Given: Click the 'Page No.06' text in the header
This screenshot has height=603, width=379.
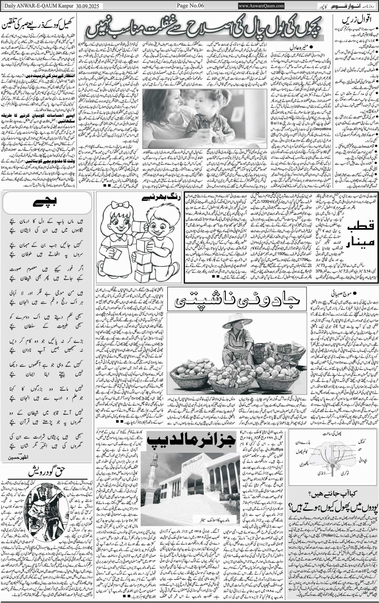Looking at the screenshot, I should click(x=190, y=5).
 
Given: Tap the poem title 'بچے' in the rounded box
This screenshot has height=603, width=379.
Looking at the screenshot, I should click(x=47, y=203).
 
